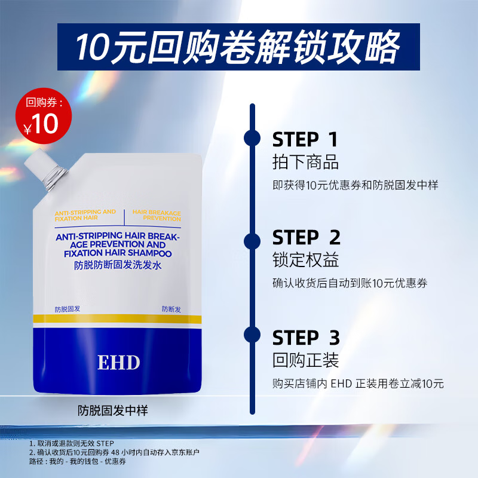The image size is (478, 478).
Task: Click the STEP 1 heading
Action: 305,140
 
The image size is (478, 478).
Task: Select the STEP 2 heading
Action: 306,237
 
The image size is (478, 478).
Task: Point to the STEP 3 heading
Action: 306,338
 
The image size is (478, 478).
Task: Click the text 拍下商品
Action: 305,162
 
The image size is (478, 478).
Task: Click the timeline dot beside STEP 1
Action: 252,137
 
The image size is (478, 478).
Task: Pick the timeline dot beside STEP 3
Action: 252,335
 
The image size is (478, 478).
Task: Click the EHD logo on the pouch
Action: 118,363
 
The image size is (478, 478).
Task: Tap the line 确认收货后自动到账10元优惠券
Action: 350,284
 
